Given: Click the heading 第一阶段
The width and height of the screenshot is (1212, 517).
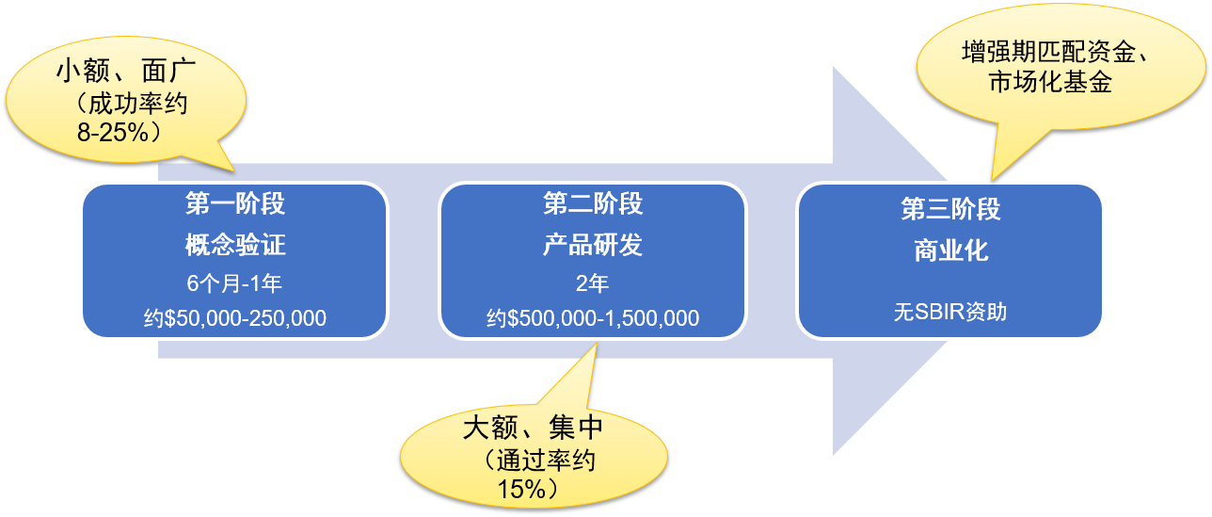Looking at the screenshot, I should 234,205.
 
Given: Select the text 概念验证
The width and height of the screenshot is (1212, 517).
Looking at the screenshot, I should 234,247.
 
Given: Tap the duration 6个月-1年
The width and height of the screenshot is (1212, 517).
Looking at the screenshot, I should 234,283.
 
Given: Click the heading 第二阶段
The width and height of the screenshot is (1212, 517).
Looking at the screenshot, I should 593,203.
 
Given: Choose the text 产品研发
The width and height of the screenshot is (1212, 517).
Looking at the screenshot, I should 593,246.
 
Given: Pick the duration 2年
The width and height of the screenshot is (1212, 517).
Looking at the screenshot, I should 593,283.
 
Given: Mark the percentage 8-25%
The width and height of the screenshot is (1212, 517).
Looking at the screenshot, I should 113,133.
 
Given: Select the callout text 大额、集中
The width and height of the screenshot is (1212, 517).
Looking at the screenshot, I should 533,429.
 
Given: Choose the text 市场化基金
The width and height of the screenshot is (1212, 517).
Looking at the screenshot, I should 1051,83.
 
